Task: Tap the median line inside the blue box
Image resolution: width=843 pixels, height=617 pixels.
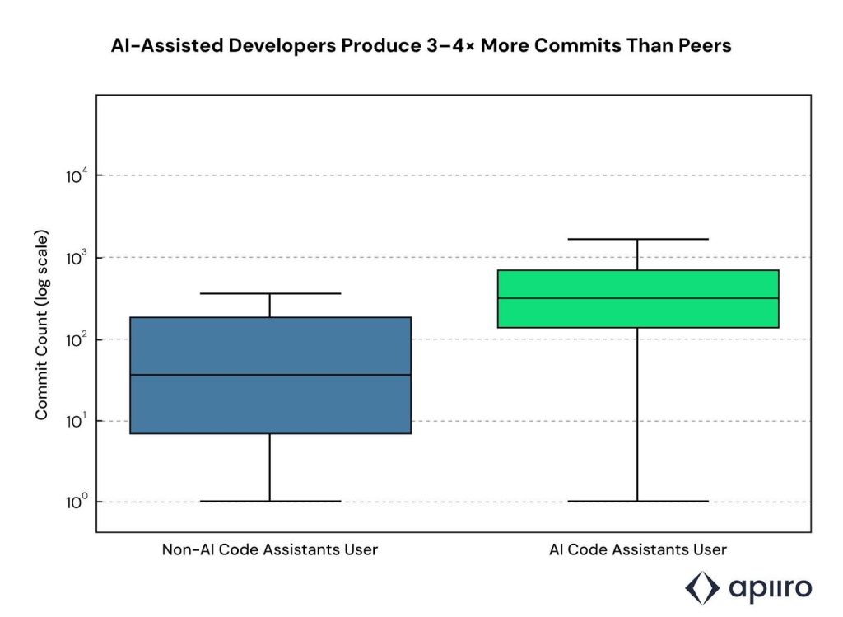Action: point(270,375)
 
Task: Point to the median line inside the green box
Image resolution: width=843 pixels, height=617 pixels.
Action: point(637,298)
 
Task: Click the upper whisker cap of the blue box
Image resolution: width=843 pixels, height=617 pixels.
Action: point(270,293)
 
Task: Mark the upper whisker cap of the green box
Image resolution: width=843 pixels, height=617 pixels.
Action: point(637,239)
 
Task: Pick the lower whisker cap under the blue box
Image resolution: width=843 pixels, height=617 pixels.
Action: point(270,501)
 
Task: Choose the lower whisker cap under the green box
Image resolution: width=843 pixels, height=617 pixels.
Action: point(637,501)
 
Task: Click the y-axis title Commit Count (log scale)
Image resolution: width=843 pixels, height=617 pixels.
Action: point(41,325)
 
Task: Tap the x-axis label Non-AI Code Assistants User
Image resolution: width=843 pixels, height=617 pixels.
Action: point(270,549)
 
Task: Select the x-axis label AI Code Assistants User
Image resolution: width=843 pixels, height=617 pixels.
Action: point(638,549)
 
